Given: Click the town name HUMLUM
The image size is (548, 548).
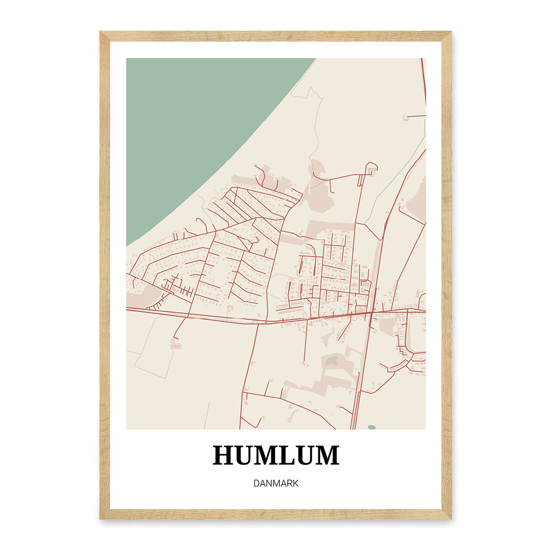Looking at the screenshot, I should pyautogui.click(x=276, y=456).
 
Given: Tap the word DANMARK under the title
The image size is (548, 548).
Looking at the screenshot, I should pyautogui.click(x=276, y=484).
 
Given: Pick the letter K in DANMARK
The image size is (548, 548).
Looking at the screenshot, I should pyautogui.click(x=295, y=484).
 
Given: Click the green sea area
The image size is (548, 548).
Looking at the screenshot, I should pyautogui.click(x=197, y=126).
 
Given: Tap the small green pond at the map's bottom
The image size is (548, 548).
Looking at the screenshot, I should pyautogui.click(x=372, y=426).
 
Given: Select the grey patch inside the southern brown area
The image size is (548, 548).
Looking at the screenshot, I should pyautogui.click(x=332, y=360).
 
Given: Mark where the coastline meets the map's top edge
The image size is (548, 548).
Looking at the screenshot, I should pyautogui.click(x=316, y=59).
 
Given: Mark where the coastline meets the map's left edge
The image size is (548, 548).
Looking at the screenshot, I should pyautogui.click(x=127, y=246).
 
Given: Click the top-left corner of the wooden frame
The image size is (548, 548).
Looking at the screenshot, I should pyautogui.click(x=100, y=32).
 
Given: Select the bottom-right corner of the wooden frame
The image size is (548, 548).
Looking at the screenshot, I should pyautogui.click(x=452, y=518).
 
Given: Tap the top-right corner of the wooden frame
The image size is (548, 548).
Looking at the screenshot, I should pyautogui.click(x=452, y=32).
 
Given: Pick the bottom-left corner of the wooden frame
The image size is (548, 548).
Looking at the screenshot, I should pyautogui.click(x=100, y=518).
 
